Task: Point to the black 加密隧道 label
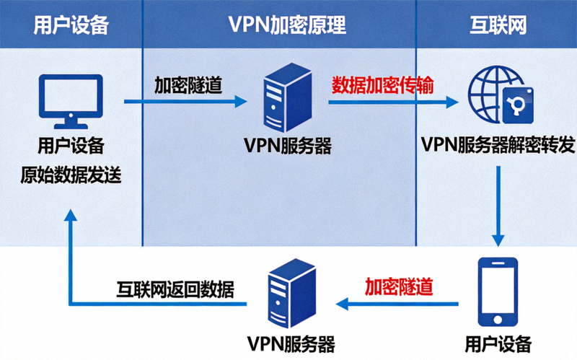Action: pos(188,84)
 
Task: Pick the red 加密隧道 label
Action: pos(399,286)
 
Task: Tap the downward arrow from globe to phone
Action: pos(498,206)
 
